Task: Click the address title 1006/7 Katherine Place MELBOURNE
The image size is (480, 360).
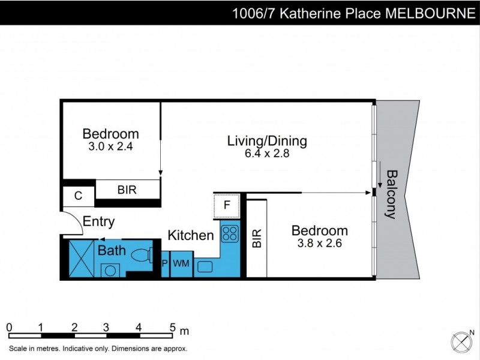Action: (x=353, y=13)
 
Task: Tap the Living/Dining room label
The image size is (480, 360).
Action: (x=267, y=142)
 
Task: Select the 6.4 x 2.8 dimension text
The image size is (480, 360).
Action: (x=267, y=153)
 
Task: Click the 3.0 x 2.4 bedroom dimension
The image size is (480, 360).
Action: (x=110, y=145)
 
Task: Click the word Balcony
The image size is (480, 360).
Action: (x=392, y=194)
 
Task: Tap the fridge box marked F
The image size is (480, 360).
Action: (x=226, y=205)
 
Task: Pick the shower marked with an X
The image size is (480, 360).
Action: (x=79, y=257)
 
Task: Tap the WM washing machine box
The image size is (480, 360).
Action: (x=181, y=263)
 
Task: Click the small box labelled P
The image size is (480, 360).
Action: (x=164, y=263)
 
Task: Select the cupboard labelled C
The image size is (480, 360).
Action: (x=78, y=196)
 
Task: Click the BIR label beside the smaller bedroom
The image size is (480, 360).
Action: (x=127, y=190)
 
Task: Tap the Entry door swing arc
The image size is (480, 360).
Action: (x=74, y=225)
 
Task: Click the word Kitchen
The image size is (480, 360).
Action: (x=190, y=235)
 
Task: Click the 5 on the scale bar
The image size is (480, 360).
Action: (x=172, y=328)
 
